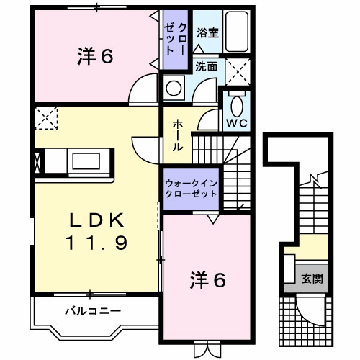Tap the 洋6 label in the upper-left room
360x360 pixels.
click(x=94, y=57)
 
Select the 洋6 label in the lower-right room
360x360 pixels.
click(x=208, y=279)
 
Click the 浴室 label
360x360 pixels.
click(x=207, y=32)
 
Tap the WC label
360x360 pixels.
click(x=238, y=122)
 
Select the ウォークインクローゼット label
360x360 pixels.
click(x=190, y=189)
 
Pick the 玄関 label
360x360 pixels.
click(x=311, y=278)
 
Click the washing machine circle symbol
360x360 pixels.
click(x=174, y=89)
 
